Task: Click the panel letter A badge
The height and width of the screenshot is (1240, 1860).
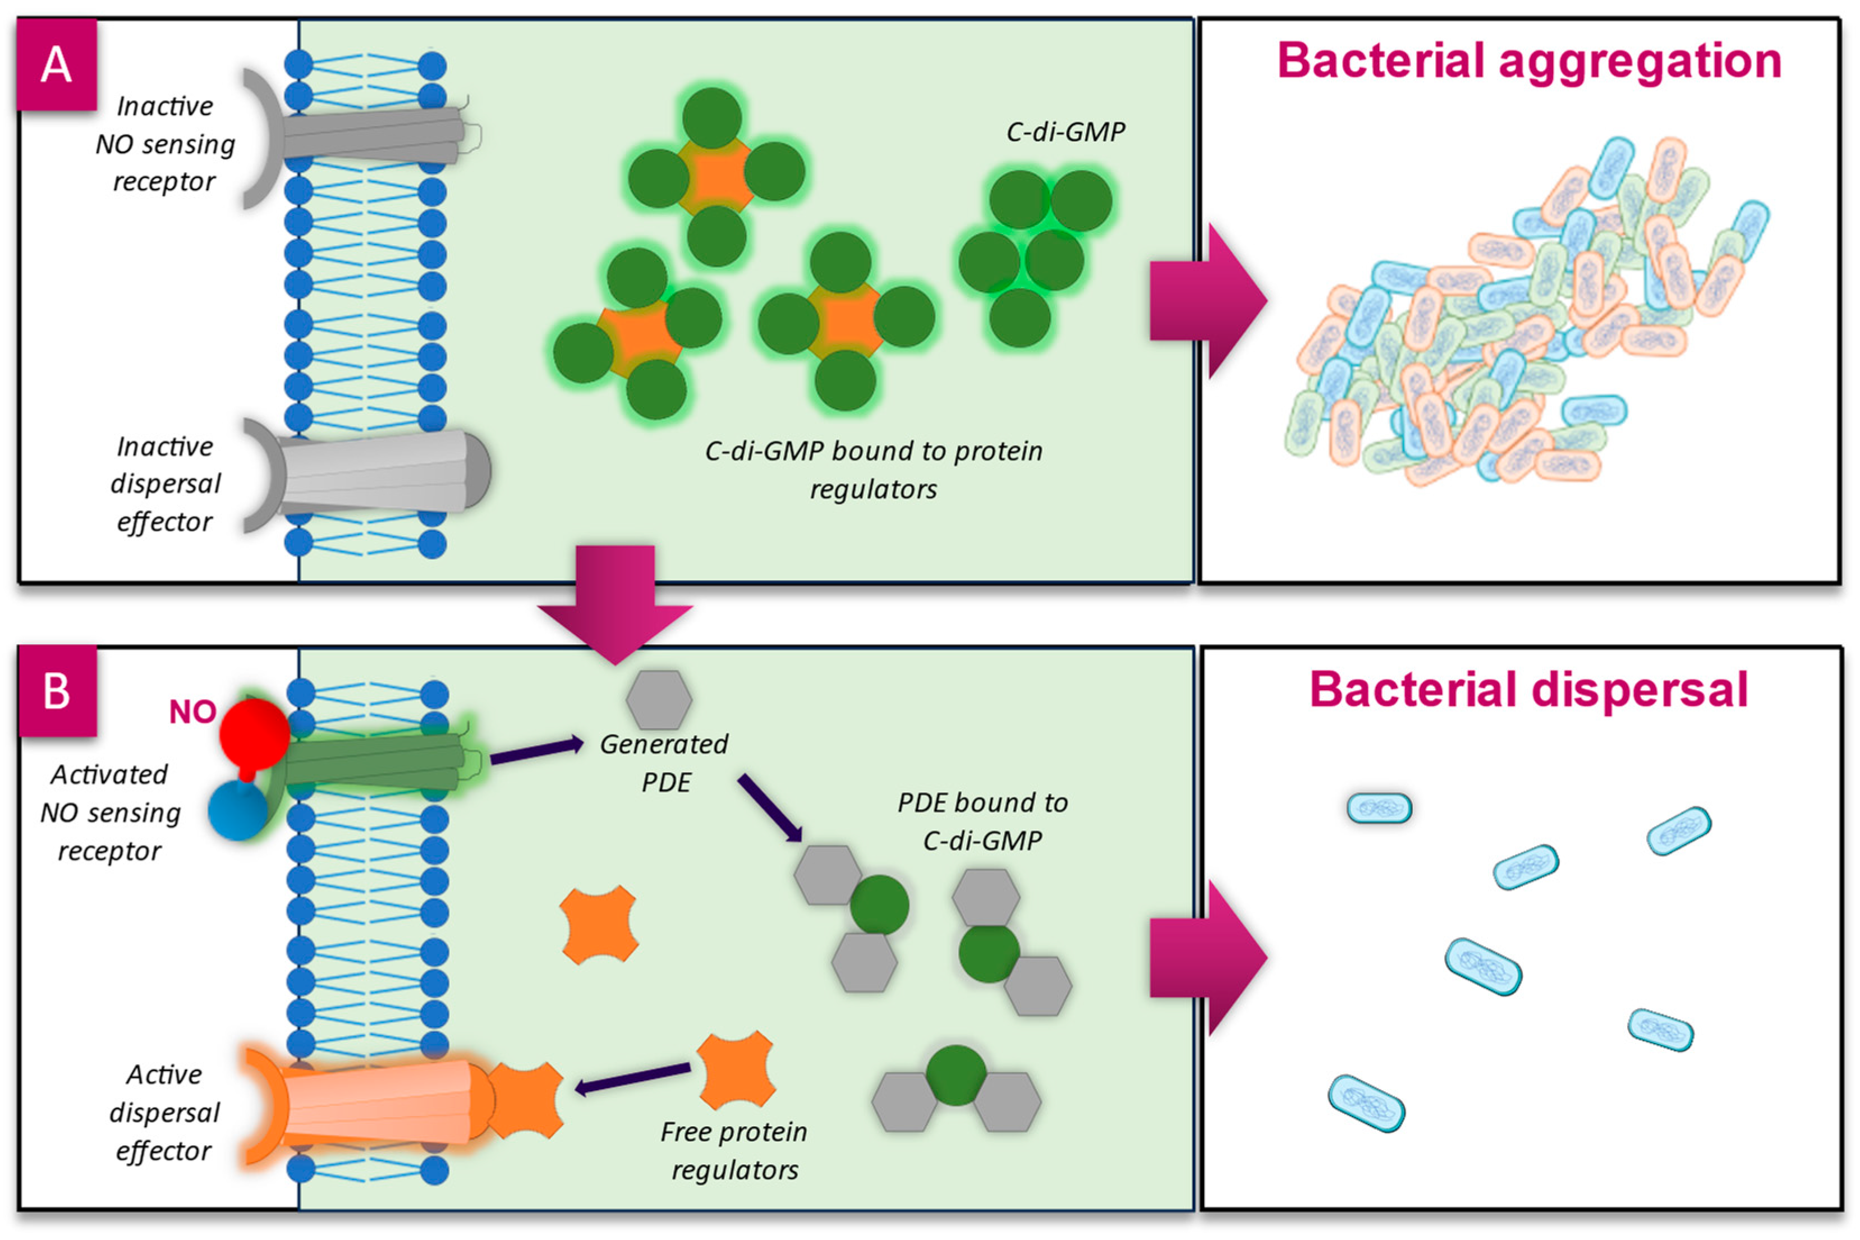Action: click(x=57, y=65)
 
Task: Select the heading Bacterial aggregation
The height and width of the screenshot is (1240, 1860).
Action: click(x=1528, y=61)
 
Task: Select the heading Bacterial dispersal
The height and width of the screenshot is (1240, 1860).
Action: click(x=1528, y=690)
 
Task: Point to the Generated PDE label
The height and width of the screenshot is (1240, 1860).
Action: click(x=664, y=763)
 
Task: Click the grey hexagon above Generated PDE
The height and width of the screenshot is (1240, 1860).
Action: click(x=659, y=699)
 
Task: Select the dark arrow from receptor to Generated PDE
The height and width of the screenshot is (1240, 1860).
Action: click(x=536, y=751)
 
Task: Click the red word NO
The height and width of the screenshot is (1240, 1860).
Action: click(x=191, y=713)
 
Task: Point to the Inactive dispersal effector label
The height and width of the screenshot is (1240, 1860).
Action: click(x=164, y=484)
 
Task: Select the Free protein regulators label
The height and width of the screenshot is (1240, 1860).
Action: click(x=734, y=1151)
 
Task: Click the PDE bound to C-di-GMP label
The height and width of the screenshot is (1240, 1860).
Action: click(x=982, y=821)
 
